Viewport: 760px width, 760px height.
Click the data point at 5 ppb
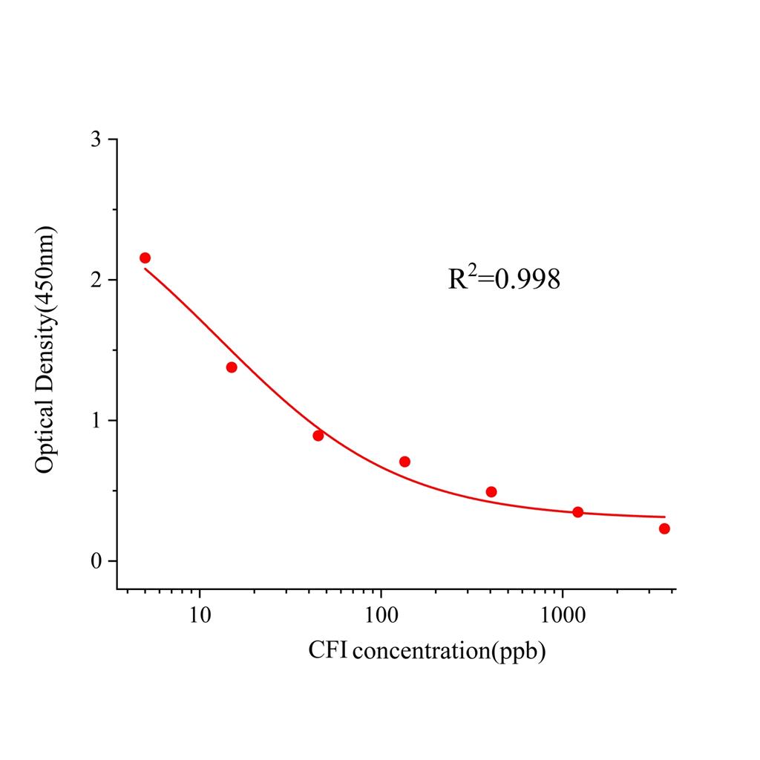145,258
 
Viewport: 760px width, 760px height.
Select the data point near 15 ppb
232,367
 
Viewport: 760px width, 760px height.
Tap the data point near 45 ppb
318,436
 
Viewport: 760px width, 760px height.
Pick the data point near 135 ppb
404,462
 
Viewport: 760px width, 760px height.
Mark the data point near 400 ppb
491,492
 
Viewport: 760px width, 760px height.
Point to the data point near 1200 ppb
578,512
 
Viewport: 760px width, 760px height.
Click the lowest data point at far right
664,528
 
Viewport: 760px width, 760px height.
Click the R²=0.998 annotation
504,278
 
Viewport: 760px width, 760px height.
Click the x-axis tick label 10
199,615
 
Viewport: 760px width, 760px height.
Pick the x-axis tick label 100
381,615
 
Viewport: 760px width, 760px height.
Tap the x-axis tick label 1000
562,615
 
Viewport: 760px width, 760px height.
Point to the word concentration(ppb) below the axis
450,652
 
